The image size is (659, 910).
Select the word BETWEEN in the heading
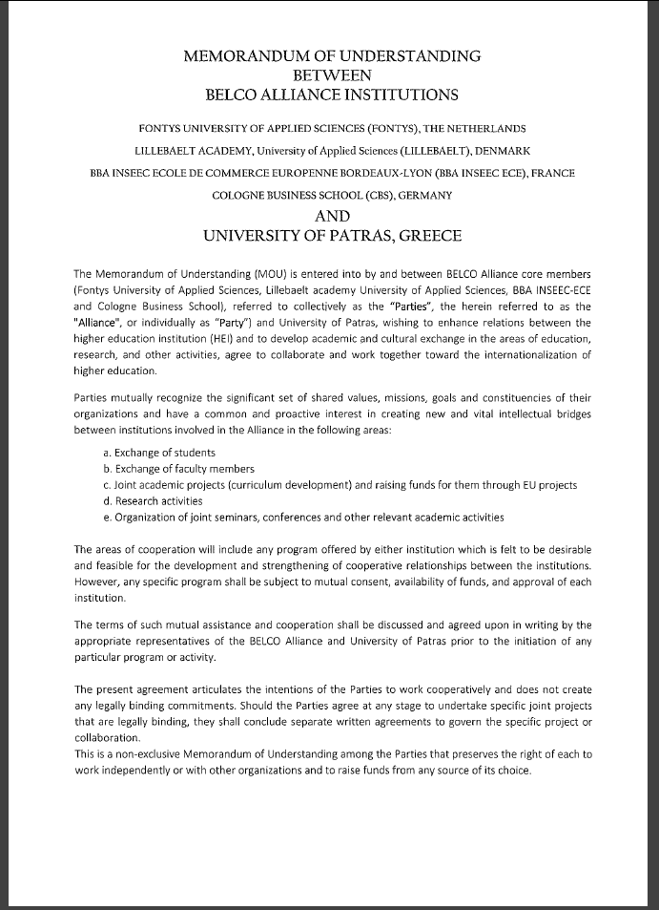coord(331,74)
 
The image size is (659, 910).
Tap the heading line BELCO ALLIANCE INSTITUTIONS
coord(331,94)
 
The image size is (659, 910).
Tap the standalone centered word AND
coord(332,216)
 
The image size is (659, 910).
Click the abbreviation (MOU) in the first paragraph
coord(243,276)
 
